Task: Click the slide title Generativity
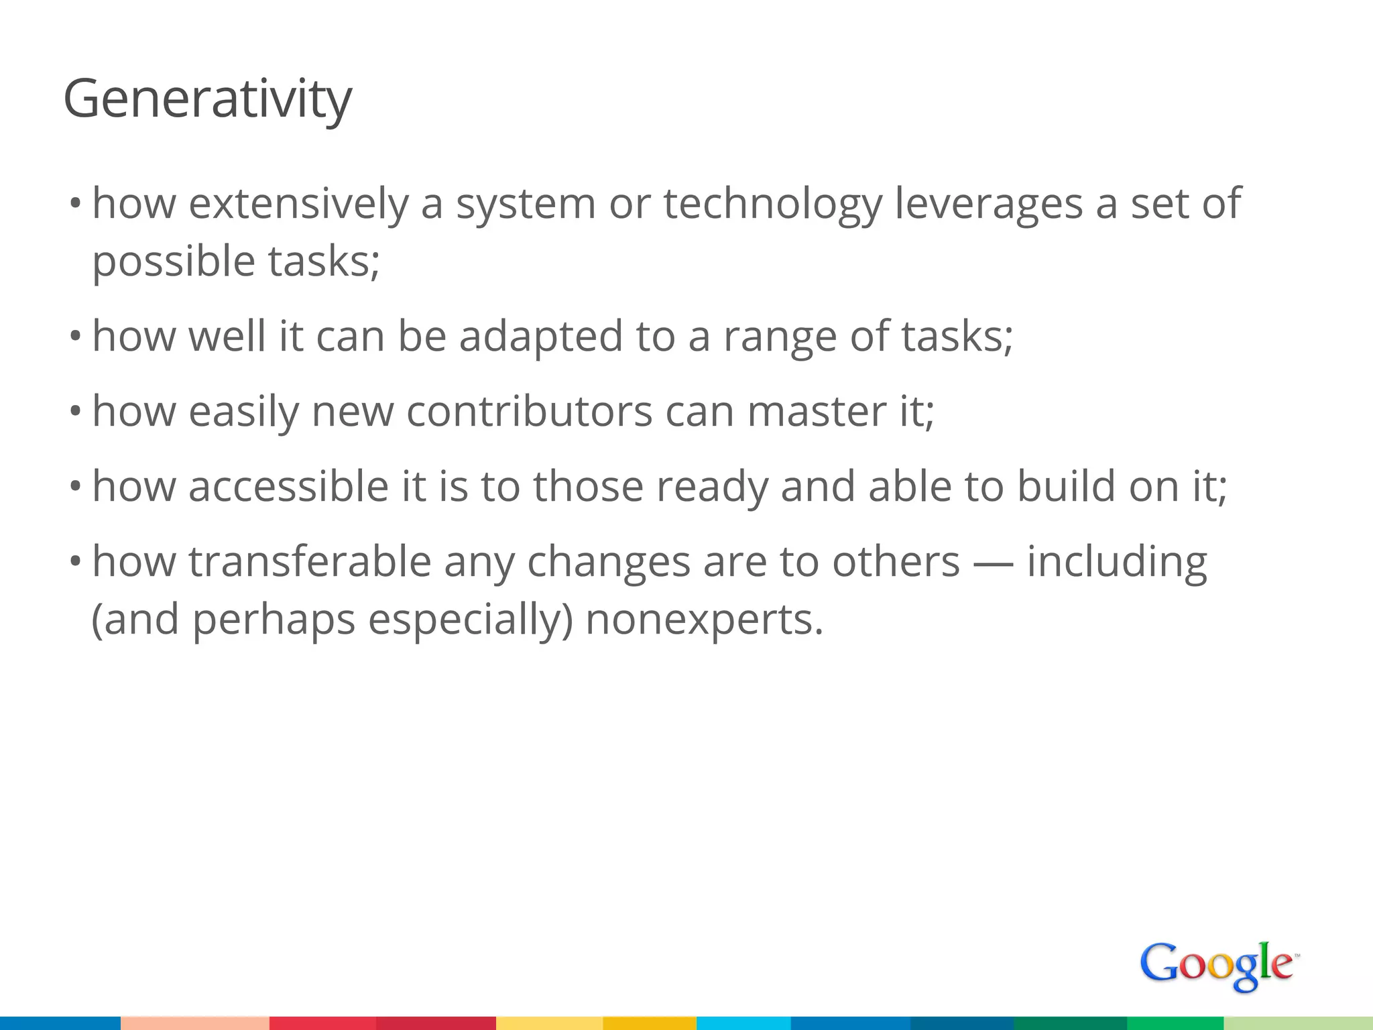(x=207, y=99)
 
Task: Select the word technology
(x=772, y=204)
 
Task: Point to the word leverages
(x=989, y=204)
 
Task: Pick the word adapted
(x=541, y=337)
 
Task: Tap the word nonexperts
(x=704, y=619)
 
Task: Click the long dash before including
(x=993, y=562)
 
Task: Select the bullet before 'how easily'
(x=75, y=411)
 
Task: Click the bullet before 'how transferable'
(x=75, y=561)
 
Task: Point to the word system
(x=526, y=204)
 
